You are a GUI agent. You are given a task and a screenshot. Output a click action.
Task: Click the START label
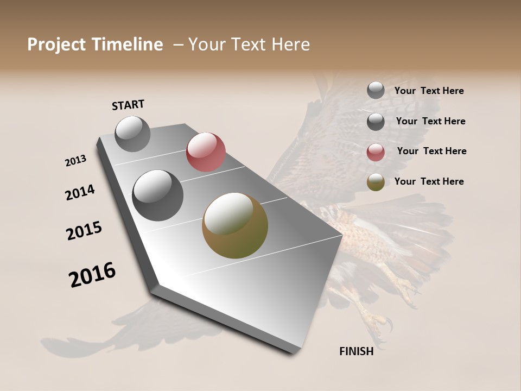[128, 105]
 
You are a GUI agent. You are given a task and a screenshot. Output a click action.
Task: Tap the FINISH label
[356, 351]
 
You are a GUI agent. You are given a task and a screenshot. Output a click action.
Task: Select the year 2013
[76, 161]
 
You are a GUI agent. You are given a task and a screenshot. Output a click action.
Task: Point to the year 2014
[80, 192]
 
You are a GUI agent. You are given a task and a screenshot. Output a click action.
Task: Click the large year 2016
[92, 275]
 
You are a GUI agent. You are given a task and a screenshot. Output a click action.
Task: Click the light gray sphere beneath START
[132, 134]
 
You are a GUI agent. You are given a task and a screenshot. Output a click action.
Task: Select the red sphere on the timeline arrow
[206, 152]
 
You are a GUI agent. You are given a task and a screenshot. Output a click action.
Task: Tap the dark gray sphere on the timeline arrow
[157, 195]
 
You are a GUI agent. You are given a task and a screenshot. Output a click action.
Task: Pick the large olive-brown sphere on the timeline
[235, 225]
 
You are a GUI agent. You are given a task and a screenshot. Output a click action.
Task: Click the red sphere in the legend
[376, 152]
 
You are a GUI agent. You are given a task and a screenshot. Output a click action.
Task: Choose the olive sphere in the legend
[376, 182]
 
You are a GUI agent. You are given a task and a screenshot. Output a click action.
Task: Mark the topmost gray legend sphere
[376, 90]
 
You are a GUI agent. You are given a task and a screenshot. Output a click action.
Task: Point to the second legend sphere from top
[376, 122]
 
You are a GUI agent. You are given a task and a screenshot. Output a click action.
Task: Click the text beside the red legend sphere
[431, 151]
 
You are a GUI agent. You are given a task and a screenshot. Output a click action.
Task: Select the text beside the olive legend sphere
[429, 181]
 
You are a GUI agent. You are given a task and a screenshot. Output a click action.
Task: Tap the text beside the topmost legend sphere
[429, 91]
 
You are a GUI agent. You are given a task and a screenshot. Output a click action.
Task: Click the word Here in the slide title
[290, 45]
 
